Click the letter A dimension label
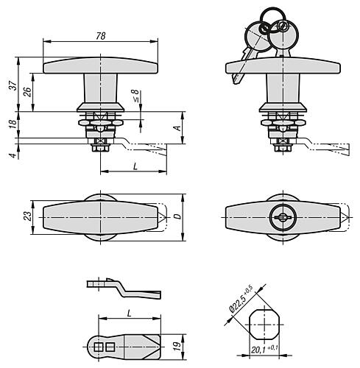tap(177, 127)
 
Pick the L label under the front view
tap(135, 166)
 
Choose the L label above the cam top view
tap(130, 314)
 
